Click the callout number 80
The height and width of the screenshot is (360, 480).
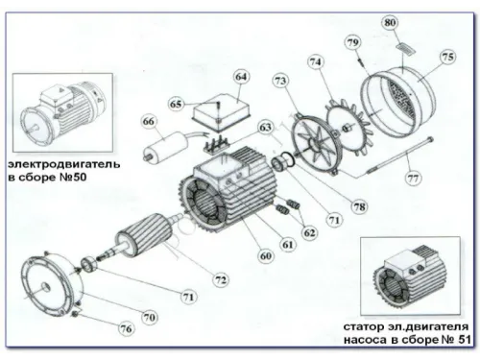(x=390, y=21)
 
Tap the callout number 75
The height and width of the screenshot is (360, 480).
(x=448, y=57)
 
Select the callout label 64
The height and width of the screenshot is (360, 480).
(x=241, y=76)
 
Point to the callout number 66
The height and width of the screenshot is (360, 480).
(x=148, y=122)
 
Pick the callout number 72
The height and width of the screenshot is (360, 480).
(x=221, y=278)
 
